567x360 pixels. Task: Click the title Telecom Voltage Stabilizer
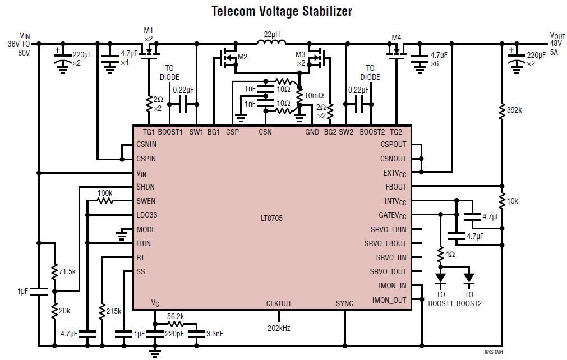(x=282, y=11)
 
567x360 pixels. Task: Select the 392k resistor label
(x=514, y=110)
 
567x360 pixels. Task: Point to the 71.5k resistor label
(x=67, y=271)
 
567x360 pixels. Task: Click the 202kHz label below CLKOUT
(x=279, y=328)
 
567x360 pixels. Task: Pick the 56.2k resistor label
(x=175, y=316)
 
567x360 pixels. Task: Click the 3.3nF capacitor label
(x=215, y=334)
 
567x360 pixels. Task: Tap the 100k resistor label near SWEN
(x=104, y=193)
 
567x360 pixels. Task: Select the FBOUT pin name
(x=395, y=187)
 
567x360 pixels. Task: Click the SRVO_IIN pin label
(x=391, y=257)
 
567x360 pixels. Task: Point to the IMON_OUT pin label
(x=389, y=300)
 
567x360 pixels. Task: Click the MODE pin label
(x=146, y=229)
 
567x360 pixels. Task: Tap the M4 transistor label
(x=397, y=38)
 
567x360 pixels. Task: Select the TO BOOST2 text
(x=469, y=299)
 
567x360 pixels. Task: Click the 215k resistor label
(x=113, y=311)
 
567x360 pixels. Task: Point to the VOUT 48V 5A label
(x=556, y=43)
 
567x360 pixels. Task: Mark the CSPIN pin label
(x=146, y=159)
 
